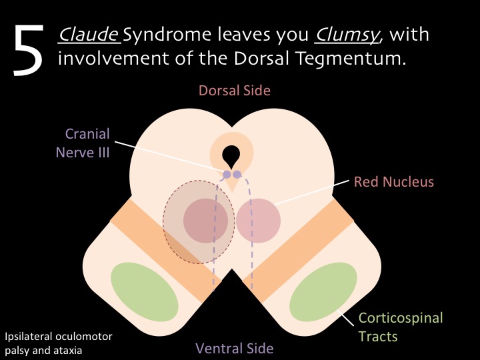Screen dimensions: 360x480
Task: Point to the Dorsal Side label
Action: coord(234,91)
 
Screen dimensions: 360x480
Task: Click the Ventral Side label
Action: coord(234,347)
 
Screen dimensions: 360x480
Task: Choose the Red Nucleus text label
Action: coord(393,181)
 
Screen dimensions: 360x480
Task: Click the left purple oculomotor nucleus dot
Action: coord(227,175)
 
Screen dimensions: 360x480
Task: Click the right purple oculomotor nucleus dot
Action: coord(237,175)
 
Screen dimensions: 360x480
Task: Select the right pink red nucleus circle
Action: coord(258,220)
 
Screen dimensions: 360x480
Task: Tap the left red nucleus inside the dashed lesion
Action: coord(206,220)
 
